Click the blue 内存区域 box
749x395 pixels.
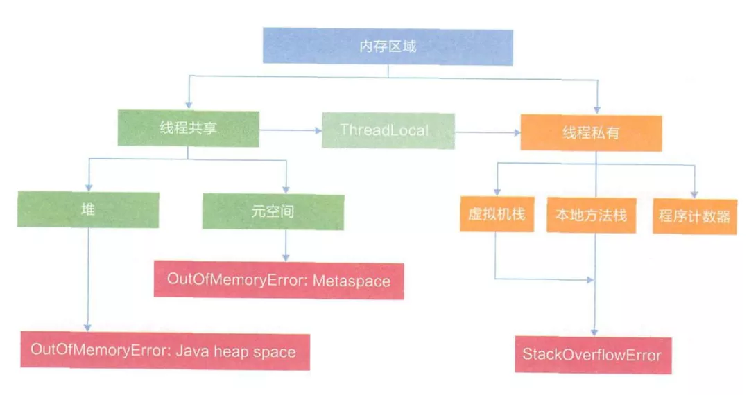click(x=388, y=47)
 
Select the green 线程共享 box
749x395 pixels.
click(x=188, y=128)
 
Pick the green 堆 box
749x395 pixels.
click(x=88, y=209)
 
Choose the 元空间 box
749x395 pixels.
click(x=273, y=211)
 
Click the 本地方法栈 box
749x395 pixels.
click(x=591, y=215)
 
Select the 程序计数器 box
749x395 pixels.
click(x=694, y=216)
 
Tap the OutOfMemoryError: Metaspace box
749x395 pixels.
click(x=279, y=281)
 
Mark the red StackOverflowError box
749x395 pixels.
click(x=593, y=355)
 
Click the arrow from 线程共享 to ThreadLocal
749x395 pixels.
click(x=291, y=130)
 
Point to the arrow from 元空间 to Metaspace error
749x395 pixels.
click(x=286, y=245)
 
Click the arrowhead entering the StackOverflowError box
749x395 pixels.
click(x=593, y=333)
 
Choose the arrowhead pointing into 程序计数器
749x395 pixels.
click(x=694, y=193)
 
